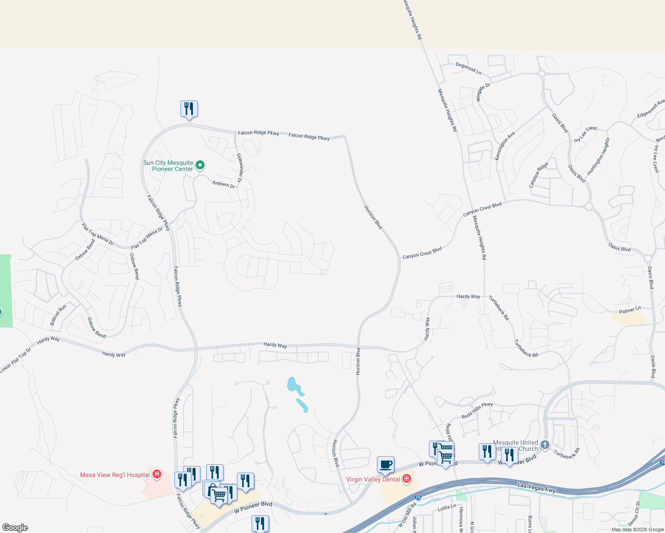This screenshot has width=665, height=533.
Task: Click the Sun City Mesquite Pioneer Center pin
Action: coord(200,165)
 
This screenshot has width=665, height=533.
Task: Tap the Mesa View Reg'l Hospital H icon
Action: coord(156,474)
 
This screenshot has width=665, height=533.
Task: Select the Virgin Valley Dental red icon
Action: coord(406,479)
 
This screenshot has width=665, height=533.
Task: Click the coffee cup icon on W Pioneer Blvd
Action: coord(385,465)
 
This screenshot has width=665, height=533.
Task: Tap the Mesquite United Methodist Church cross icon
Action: coord(545,445)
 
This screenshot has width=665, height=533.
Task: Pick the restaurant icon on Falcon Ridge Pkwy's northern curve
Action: coord(189,109)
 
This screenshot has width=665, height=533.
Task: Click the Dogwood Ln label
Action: coord(468,68)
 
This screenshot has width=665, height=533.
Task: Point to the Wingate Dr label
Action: coord(483,92)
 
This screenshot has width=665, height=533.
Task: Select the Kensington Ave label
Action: coord(505,146)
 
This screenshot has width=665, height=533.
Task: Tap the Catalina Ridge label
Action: coord(538,175)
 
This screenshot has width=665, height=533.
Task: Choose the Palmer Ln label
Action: coord(630,310)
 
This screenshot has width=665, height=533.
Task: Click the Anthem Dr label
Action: coord(224,184)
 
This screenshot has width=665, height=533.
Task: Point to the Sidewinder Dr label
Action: coord(240,168)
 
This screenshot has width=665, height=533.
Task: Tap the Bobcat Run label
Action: coord(58,314)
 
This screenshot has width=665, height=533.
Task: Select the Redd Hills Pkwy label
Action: coord(477,410)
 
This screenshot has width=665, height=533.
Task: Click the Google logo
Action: coord(15,528)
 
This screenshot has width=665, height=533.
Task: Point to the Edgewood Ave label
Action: coord(650,109)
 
